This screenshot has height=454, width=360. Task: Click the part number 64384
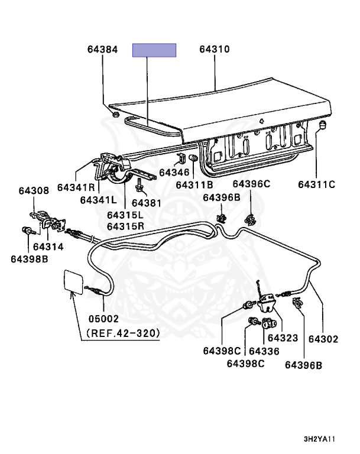(x=99, y=50)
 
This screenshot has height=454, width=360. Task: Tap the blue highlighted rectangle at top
(x=154, y=50)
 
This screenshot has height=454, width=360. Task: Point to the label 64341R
(x=76, y=187)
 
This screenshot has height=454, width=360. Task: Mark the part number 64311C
(x=316, y=184)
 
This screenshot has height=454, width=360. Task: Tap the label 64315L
(x=125, y=215)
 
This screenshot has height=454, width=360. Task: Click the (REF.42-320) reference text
(x=123, y=333)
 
